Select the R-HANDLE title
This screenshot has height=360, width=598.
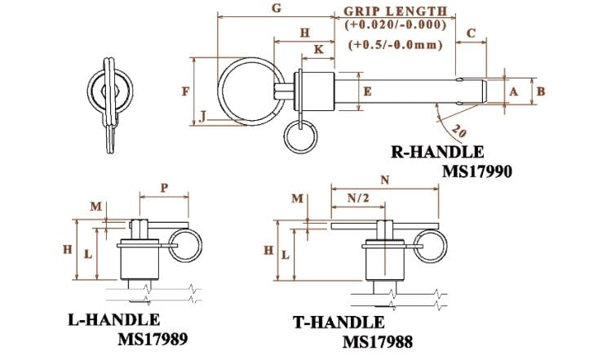click(x=436, y=152)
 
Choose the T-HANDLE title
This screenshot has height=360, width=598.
click(x=338, y=322)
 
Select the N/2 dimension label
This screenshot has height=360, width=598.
click(x=355, y=197)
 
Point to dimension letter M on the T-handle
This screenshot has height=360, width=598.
click(x=297, y=198)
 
